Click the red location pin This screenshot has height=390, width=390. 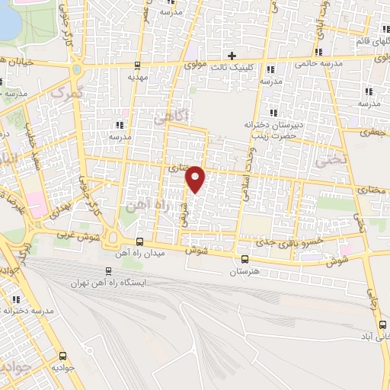point(196,178)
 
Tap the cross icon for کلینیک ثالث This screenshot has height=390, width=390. point(232,56)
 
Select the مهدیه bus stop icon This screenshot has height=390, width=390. point(136,65)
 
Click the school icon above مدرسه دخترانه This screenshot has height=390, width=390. point(15,299)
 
